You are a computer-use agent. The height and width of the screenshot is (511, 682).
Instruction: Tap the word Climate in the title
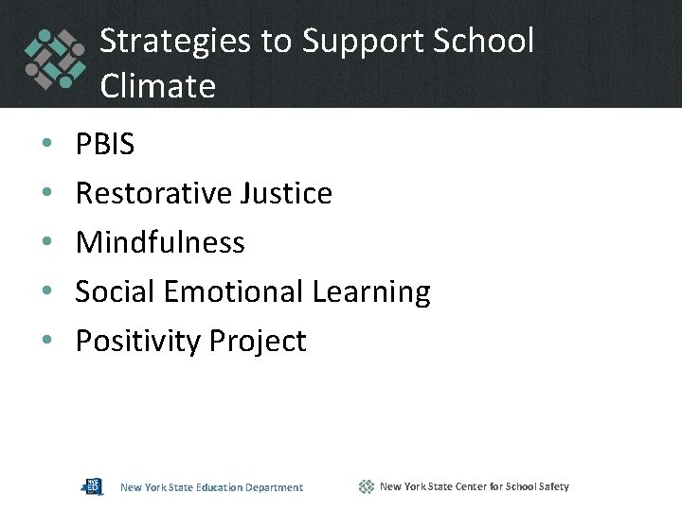point(157,86)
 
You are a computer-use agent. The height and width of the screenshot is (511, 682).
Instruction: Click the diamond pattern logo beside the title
point(55,58)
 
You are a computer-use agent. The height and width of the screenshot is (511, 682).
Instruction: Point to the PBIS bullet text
point(105,144)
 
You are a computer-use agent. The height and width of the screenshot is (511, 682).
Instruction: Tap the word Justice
point(286,193)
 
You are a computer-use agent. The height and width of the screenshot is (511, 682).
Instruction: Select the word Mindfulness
point(160,242)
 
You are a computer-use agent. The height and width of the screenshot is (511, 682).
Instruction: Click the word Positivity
point(138,341)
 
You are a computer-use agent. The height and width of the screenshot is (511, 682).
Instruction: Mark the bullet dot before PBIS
point(46,145)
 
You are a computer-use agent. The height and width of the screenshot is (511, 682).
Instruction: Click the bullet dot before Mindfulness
point(46,243)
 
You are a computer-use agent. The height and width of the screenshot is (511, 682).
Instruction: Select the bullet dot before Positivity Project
point(46,342)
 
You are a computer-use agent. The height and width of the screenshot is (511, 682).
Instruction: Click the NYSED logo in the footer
point(92,486)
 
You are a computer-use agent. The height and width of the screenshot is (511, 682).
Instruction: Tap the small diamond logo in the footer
point(367,486)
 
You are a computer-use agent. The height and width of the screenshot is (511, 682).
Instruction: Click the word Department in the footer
point(274,487)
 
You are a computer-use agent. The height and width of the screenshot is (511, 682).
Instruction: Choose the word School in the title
point(486,41)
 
